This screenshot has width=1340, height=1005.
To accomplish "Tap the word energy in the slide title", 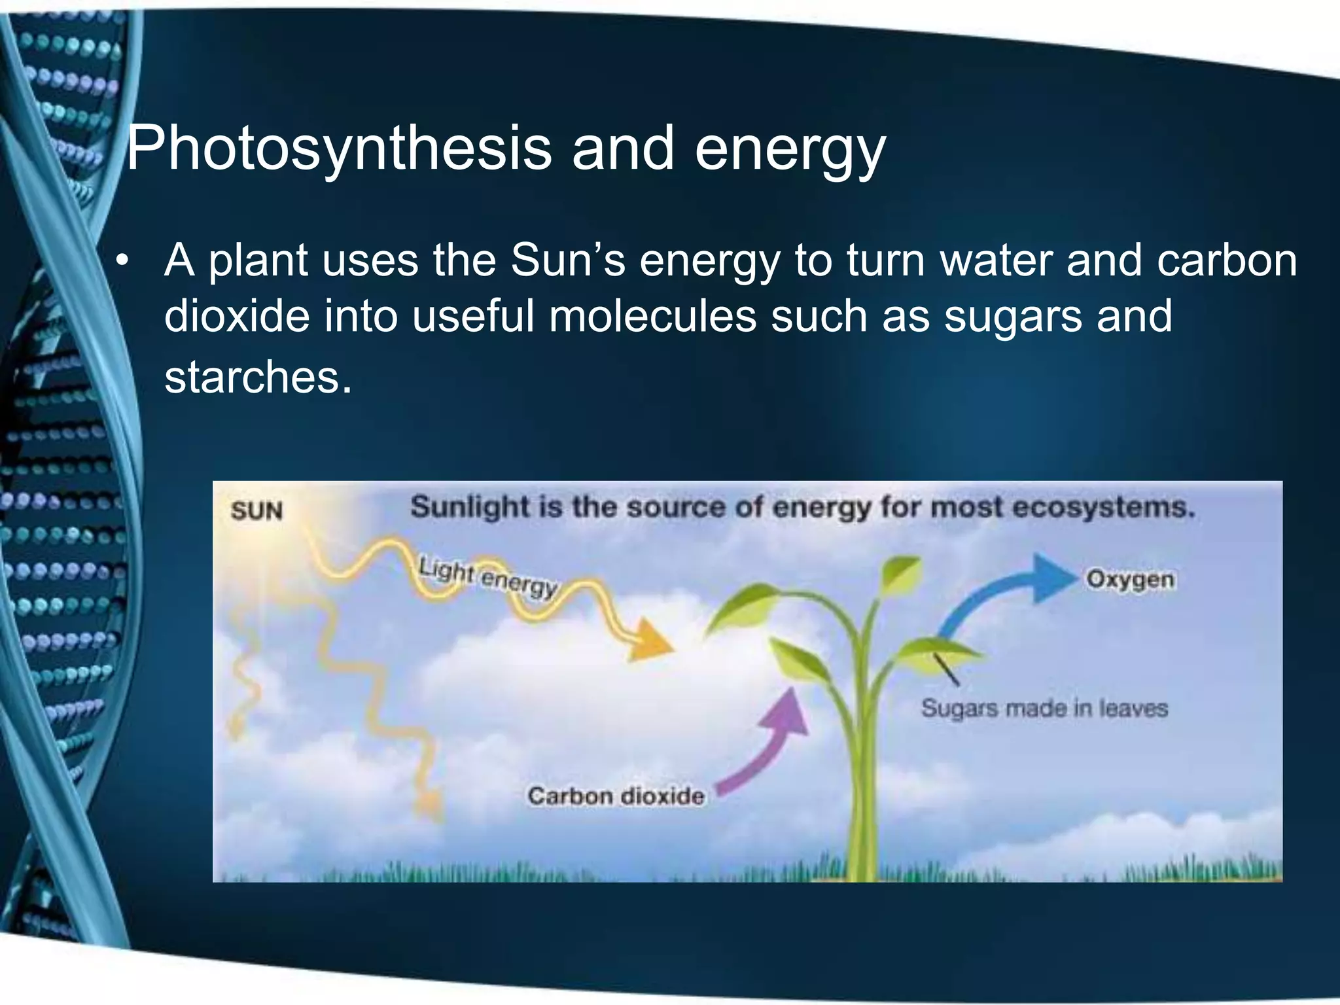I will point(789,150).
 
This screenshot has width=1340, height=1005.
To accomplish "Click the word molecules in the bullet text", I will point(651,316).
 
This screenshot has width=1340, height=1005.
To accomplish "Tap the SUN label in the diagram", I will point(256,511).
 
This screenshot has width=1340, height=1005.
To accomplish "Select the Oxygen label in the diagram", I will point(1130,580).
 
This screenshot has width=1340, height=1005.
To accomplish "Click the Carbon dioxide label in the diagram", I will point(616,796).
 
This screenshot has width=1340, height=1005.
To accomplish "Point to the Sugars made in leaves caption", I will point(1044,709).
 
